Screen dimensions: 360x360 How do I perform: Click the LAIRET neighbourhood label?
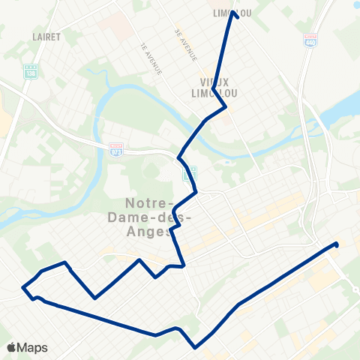click(46, 35)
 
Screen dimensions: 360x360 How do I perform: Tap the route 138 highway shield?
click(30, 73)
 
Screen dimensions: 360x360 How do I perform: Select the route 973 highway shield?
click(115, 149)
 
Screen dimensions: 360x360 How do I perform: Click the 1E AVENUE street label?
click(150, 58)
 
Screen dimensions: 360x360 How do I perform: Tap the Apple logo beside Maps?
click(11, 347)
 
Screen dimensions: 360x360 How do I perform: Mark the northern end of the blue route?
click(235, 13)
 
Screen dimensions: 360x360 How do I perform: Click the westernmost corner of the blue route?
click(23, 286)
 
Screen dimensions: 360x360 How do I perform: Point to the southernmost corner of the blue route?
click(195, 347)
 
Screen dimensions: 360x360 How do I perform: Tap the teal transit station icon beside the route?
click(190, 174)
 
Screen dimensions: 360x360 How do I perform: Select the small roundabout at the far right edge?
click(354, 290)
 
